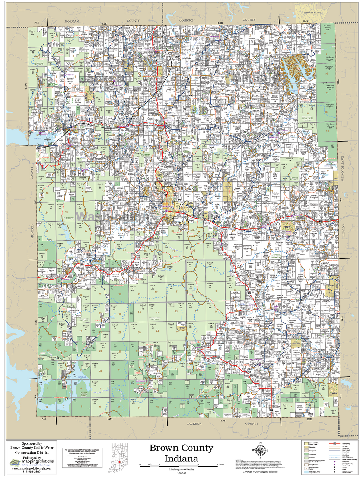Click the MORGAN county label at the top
pyautogui.click(x=72, y=21)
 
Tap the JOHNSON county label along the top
pyautogui.click(x=187, y=20)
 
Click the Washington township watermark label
pyautogui.click(x=112, y=217)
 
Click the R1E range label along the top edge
pyautogui.click(x=36, y=23)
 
